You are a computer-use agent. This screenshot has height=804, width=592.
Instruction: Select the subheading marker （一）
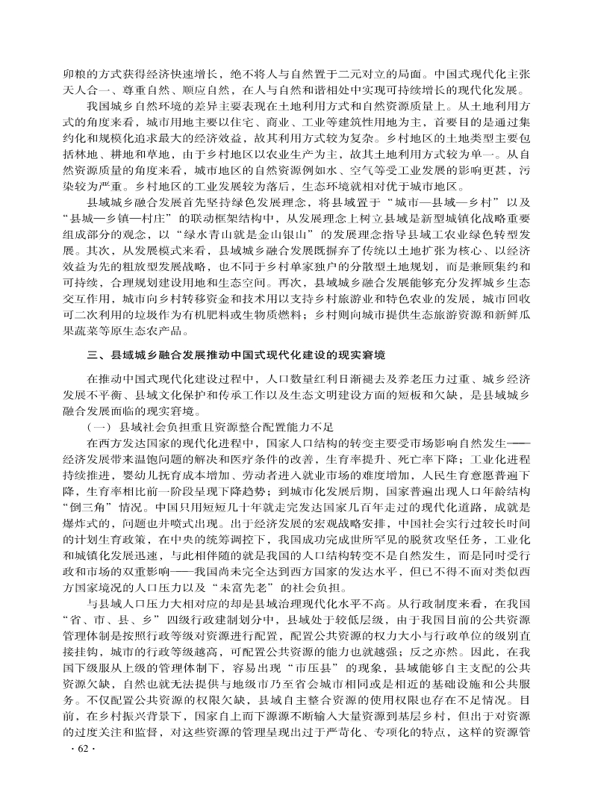click(100, 426)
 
